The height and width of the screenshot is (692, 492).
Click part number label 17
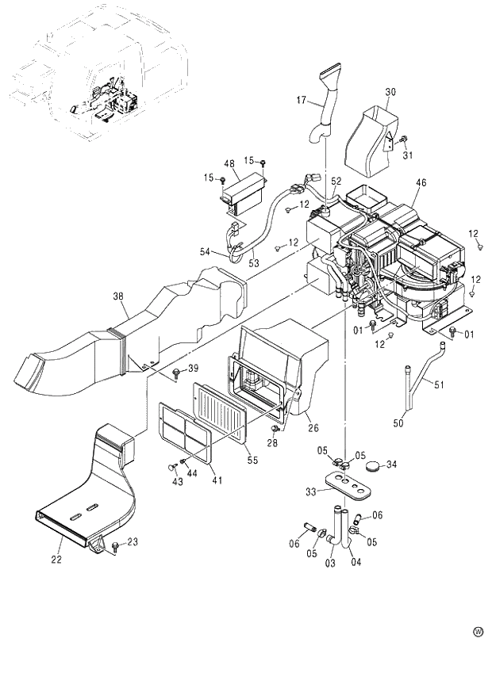tap(302, 101)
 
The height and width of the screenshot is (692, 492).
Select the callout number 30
tap(390, 92)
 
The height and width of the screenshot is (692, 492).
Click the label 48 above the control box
tap(229, 164)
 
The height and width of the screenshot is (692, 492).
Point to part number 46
tap(421, 182)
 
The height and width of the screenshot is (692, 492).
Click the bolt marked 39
tap(175, 371)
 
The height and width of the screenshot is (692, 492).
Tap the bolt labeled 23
tap(117, 545)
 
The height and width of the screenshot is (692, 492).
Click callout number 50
tap(398, 424)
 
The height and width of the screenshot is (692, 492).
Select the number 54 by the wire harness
tap(206, 252)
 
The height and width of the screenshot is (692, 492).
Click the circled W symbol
tap(478, 632)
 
